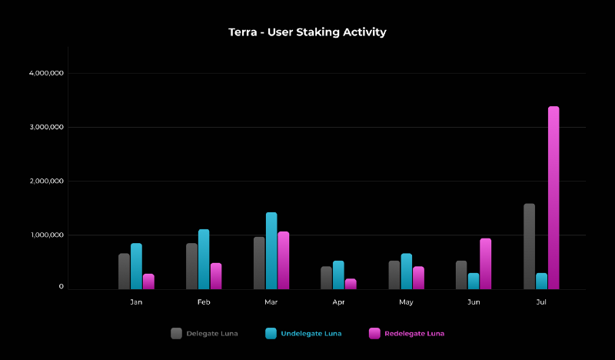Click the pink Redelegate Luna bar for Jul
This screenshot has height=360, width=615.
(x=553, y=198)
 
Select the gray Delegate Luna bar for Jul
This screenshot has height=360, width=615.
(x=529, y=246)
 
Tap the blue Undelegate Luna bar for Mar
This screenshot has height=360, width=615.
(x=271, y=251)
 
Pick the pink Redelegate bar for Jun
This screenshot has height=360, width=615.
(x=485, y=264)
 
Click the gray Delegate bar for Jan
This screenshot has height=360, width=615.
(x=124, y=271)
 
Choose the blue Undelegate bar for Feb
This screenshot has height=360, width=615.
(x=204, y=259)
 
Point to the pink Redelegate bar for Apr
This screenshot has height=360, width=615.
(x=351, y=284)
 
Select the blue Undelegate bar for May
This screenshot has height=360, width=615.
(x=406, y=271)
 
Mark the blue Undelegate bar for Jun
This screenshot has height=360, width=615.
(x=474, y=281)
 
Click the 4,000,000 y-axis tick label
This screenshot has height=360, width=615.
(x=46, y=73)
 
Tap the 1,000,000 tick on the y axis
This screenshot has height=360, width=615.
(x=46, y=235)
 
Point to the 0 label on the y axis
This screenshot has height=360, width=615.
(x=61, y=287)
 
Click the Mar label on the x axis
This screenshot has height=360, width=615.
(x=271, y=302)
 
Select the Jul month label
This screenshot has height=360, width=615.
(x=541, y=302)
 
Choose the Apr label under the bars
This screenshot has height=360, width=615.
(x=338, y=302)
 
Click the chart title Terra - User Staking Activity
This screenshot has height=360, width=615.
(x=307, y=32)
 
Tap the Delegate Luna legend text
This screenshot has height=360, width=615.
(x=212, y=333)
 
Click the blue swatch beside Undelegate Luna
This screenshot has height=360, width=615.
(x=271, y=333)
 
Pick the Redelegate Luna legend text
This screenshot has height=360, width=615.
(x=414, y=333)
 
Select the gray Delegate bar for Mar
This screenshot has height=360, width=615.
(x=259, y=263)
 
